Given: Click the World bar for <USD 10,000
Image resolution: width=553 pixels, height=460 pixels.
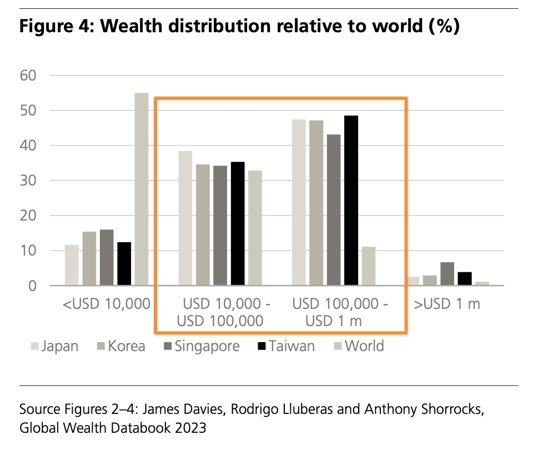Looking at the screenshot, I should [142, 189].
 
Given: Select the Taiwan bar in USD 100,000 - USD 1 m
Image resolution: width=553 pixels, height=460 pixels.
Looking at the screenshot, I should [351, 201].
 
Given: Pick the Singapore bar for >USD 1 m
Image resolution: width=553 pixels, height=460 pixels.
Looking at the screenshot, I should [447, 274].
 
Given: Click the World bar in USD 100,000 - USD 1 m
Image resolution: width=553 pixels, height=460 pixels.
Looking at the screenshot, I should [369, 266].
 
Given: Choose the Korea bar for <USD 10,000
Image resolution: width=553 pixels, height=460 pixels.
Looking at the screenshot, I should [89, 259].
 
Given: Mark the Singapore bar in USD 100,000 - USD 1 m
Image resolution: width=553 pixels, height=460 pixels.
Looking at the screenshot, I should [334, 210].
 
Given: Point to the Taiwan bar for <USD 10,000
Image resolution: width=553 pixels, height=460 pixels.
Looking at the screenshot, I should [124, 264].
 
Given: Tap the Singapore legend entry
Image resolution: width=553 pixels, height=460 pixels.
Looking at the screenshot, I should [202, 346].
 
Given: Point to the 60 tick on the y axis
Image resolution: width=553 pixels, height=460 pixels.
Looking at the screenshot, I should [28, 75].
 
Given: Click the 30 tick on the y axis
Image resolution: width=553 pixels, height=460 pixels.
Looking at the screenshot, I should [28, 181].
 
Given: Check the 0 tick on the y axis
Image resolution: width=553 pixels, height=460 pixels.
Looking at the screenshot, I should [32, 286].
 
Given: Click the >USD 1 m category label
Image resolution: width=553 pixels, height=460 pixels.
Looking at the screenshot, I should [447, 304].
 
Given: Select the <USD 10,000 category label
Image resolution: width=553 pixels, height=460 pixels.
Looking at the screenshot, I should [107, 304].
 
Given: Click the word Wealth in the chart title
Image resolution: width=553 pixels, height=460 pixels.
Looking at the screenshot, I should [129, 26].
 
